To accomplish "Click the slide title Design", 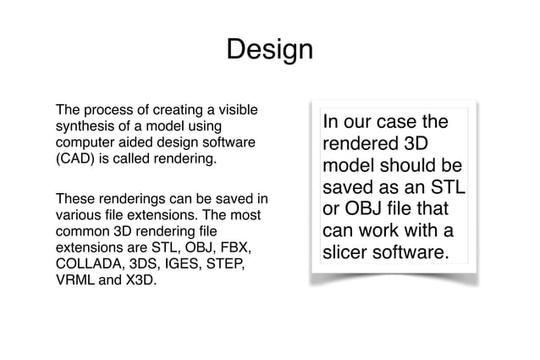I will pos(269,51).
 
